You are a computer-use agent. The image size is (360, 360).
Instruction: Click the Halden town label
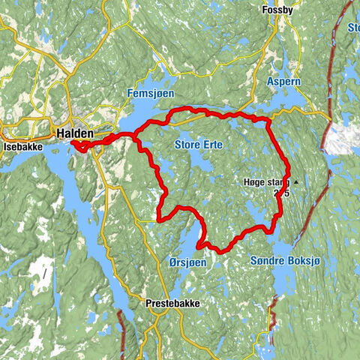point(75,133)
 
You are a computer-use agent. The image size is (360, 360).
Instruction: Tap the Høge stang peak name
point(266,182)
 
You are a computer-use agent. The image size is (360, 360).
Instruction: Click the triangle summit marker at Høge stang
point(296,182)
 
